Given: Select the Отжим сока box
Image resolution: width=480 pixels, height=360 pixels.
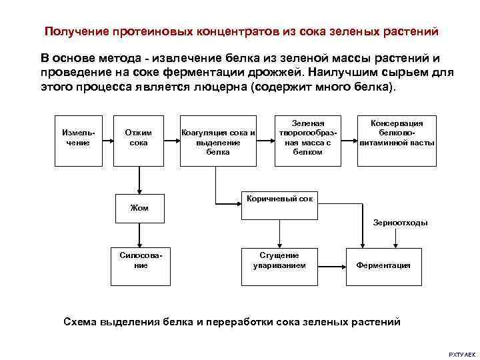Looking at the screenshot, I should point(139,139).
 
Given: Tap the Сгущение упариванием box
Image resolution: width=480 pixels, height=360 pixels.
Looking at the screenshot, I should point(279,261).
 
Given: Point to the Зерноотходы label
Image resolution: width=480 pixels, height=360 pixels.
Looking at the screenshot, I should point(401,223).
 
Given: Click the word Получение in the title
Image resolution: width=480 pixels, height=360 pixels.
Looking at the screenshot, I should point(71,31).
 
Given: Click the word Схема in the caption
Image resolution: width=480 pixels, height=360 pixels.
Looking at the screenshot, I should point(79,321).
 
